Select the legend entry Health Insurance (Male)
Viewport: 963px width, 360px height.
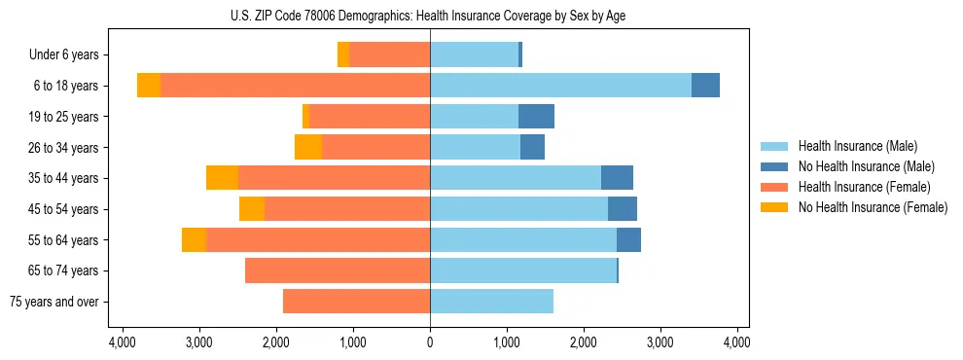pos(857,146)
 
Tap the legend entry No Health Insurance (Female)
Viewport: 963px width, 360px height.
pos(873,207)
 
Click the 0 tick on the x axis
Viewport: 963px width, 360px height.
pos(430,342)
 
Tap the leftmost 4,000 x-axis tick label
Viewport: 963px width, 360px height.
pos(123,342)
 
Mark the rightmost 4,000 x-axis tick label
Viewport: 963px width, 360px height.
pos(737,342)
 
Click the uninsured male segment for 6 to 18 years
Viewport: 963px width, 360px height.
pos(705,86)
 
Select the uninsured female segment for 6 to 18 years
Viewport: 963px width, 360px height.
pos(149,86)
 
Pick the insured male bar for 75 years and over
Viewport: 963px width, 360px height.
pos(491,302)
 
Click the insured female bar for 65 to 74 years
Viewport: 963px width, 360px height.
pos(338,270)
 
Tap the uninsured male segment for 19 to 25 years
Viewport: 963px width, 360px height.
pos(536,117)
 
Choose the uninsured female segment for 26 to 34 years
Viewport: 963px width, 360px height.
pos(308,147)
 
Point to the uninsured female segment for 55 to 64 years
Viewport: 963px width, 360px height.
pos(194,239)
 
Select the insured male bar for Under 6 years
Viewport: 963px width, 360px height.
pos(474,55)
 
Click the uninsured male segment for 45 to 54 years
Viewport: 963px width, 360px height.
pos(623,209)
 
